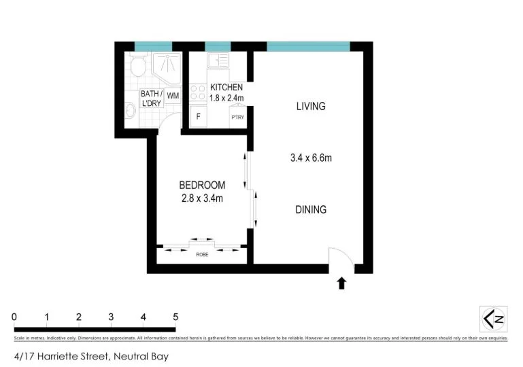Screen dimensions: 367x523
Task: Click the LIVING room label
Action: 311,106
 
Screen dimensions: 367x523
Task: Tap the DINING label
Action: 310,210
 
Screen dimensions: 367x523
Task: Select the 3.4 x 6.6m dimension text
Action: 311,158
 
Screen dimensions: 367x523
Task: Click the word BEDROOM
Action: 202,185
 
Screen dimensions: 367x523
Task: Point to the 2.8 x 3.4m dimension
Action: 202,198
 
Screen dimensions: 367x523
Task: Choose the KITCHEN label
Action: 226,88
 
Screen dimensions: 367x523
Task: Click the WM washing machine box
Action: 173,96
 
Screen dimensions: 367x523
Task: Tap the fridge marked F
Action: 199,116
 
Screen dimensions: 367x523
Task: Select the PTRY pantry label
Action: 237,118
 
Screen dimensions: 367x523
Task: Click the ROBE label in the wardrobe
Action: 202,254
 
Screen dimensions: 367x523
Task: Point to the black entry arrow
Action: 341,283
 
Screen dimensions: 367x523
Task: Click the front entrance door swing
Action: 338,258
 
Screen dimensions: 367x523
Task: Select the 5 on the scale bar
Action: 175,317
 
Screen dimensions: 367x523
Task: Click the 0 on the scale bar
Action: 14,317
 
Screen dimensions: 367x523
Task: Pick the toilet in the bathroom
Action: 138,67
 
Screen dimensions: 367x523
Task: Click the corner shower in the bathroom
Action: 165,66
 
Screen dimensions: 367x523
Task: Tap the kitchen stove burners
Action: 199,92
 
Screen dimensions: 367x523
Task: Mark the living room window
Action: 308,46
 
